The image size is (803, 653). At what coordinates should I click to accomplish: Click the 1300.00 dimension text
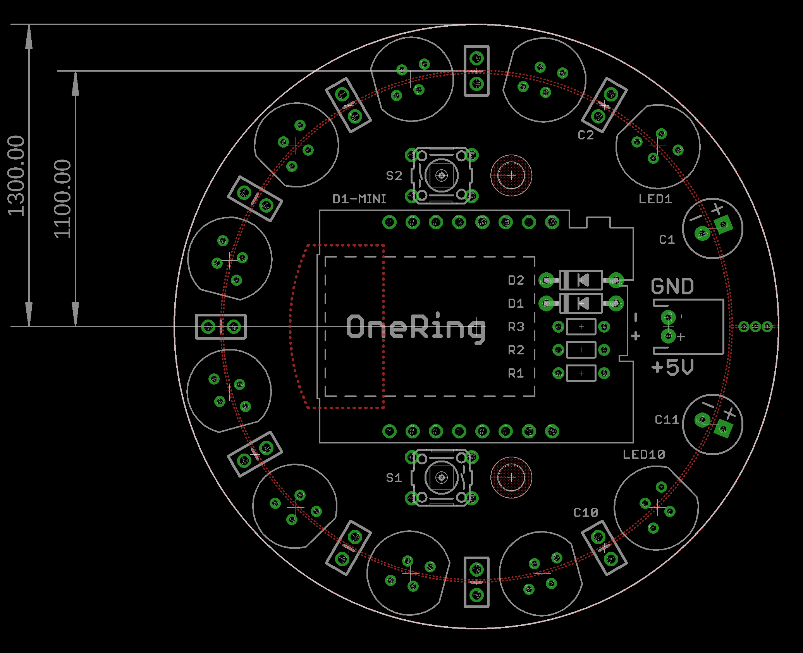(16, 175)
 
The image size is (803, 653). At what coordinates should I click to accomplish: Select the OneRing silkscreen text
(415, 328)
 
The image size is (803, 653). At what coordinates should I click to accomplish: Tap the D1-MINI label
(359, 199)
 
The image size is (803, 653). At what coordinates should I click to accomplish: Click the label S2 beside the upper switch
(394, 176)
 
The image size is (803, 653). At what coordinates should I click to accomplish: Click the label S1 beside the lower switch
(394, 478)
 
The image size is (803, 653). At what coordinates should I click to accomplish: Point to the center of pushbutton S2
(442, 176)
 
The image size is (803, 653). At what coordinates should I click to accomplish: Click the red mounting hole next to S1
(511, 478)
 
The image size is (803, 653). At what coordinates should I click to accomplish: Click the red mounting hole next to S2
(511, 176)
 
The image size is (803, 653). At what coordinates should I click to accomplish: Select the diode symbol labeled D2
(581, 280)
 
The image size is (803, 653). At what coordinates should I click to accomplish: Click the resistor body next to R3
(581, 327)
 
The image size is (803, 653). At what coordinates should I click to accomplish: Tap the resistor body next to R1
(581, 373)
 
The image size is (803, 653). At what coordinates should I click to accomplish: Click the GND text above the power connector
(672, 287)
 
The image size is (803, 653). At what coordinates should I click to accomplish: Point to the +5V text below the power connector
(672, 367)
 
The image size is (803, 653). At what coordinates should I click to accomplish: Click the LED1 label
(655, 199)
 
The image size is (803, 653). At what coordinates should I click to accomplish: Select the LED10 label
(644, 455)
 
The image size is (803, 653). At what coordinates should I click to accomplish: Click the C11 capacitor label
(667, 420)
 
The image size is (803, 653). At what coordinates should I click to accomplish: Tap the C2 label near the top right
(586, 135)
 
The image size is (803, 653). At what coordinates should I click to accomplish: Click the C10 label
(586, 513)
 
